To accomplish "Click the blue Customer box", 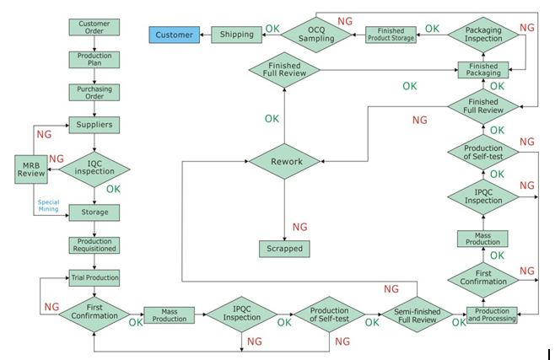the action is tap(174, 35).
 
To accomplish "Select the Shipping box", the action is tap(236, 35).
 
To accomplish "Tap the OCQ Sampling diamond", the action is tap(316, 35).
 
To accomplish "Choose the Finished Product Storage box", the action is tap(391, 35).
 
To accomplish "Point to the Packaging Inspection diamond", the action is tap(483, 35).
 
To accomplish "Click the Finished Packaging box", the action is tap(483, 70).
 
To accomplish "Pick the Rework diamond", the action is tap(284, 161).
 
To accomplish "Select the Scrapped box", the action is tap(284, 249).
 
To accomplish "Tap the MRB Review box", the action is tap(31, 169).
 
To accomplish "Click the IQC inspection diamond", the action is tap(94, 169).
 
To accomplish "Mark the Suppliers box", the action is tap(94, 125).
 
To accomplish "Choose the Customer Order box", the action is tap(94, 27).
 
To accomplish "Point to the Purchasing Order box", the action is tap(94, 92).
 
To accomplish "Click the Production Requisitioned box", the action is tap(94, 245).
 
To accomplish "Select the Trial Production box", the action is tap(94, 277).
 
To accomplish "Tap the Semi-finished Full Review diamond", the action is tap(417, 314).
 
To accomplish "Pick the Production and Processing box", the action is tap(492, 314).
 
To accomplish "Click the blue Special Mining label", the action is tap(48, 206).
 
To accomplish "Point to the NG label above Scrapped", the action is tap(299, 227).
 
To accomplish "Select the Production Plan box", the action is tap(94, 59).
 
